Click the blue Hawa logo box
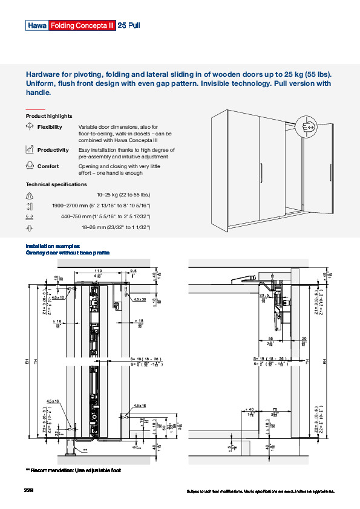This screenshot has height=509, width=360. [36, 25]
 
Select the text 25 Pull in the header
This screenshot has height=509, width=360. [129, 25]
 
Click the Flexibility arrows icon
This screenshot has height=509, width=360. [29, 127]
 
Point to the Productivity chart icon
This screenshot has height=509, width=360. [29, 149]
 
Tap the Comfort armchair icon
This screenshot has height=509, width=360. [29, 166]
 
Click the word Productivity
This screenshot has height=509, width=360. [53, 150]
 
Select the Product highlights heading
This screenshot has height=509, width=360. [49, 116]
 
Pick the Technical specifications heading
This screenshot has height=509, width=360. [56, 184]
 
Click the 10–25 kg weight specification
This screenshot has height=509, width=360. [123, 195]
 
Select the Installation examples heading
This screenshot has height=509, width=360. [52, 246]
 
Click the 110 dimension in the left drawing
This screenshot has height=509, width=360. [98, 271]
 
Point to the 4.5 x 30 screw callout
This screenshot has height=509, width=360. [139, 299]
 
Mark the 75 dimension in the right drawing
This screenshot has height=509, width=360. [275, 408]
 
